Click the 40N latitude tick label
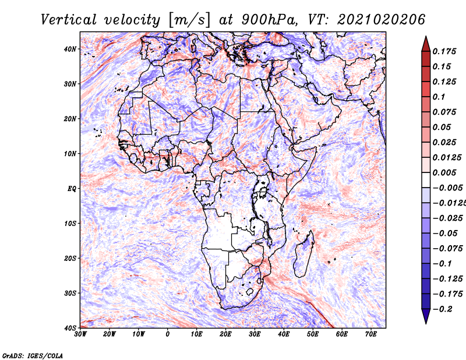70,49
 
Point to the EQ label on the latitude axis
72,189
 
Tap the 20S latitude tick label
70,258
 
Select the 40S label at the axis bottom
70,328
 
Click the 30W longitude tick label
80,334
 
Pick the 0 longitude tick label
168,334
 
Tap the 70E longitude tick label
371,334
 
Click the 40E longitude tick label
284,334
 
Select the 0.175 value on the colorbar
444,51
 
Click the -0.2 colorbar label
442,309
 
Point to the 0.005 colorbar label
444,172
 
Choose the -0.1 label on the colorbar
442,264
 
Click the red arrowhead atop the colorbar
426,44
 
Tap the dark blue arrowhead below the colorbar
426,316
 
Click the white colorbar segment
426,180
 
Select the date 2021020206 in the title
381,20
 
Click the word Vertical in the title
68,20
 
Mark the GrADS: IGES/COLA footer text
33,356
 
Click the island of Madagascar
303,253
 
